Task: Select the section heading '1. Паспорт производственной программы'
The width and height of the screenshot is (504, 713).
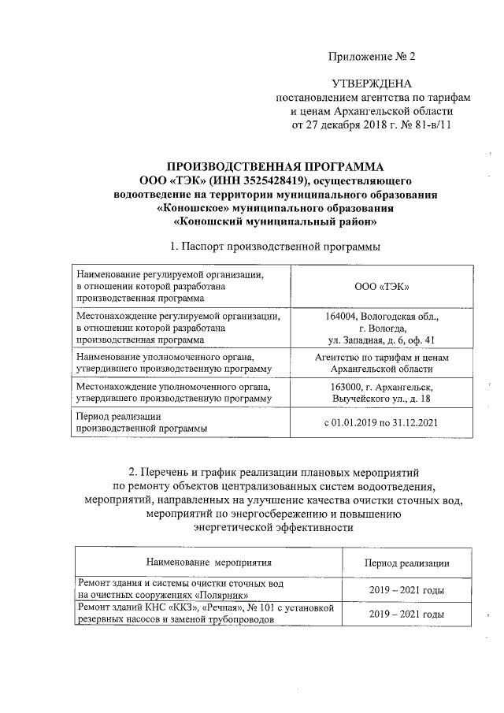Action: (x=269, y=246)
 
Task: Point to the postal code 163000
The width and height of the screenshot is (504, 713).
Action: (x=347, y=388)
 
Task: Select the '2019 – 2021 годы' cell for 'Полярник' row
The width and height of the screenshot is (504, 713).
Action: (x=406, y=590)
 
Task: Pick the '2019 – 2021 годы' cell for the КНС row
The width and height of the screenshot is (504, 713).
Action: (x=406, y=614)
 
